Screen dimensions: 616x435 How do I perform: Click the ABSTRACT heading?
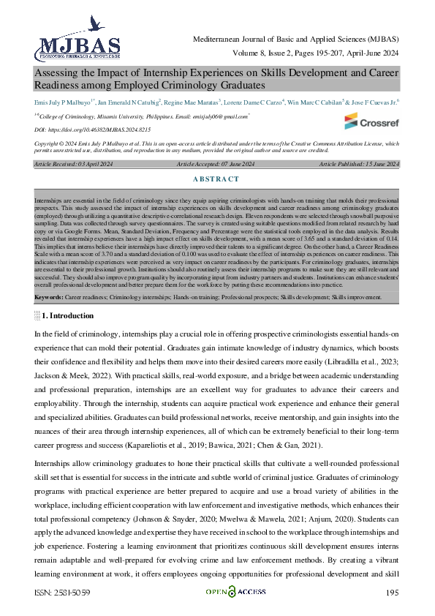pyautogui.click(x=217, y=179)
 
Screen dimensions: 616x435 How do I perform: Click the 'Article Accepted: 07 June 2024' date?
pyautogui.click(x=217, y=165)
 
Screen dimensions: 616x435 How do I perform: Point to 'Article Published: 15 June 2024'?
pyautogui.click(x=359, y=165)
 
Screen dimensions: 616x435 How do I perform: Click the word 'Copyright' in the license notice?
pyautogui.click(x=49, y=144)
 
